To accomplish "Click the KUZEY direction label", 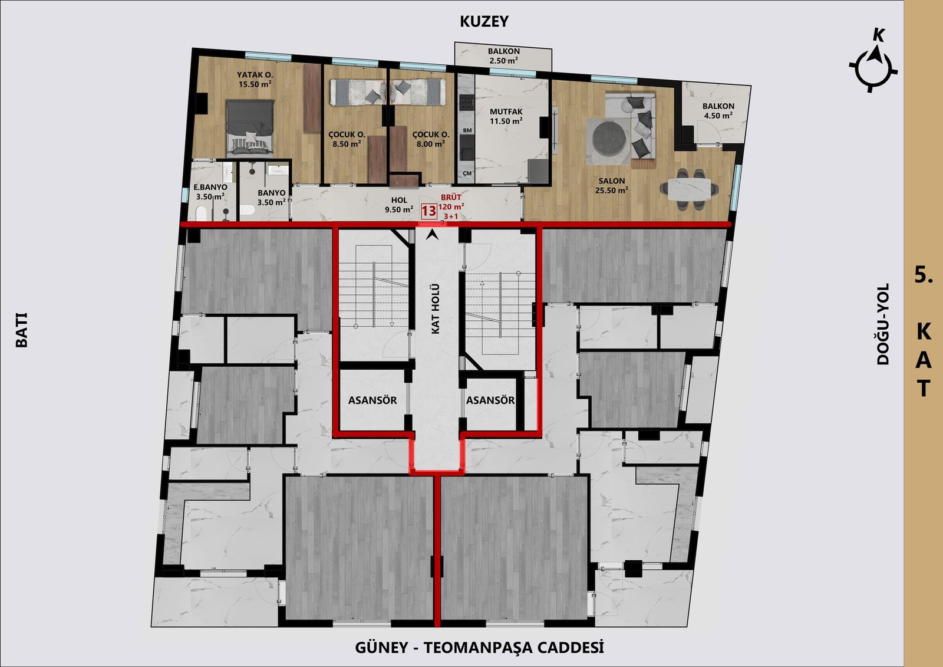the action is pos(484,21).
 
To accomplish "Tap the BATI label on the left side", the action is pos(21,330).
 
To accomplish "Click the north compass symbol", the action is pos(873,67).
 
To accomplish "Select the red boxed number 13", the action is pos(429,211).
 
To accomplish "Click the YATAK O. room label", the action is pos(255,79).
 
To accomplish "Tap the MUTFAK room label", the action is pos(506,116).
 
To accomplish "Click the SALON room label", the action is pos(612,185).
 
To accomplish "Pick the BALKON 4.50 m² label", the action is pos(718,111).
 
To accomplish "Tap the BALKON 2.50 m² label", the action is pos(503,55).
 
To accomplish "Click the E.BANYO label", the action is pos(210,192).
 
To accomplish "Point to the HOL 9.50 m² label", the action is pos(398,205).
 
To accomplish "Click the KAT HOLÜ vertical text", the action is pos(436,309).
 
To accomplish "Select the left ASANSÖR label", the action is pos(372,400).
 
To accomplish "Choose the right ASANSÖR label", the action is pos(490,400).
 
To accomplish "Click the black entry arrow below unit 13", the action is pos(432,235).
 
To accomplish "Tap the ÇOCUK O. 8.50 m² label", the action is pos(347,139).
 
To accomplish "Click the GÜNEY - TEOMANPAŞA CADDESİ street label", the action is pos(479,648).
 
